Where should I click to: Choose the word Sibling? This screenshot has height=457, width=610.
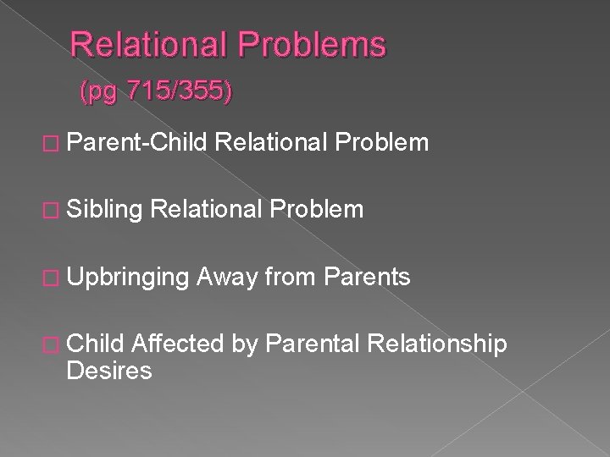pyautogui.click(x=97, y=209)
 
